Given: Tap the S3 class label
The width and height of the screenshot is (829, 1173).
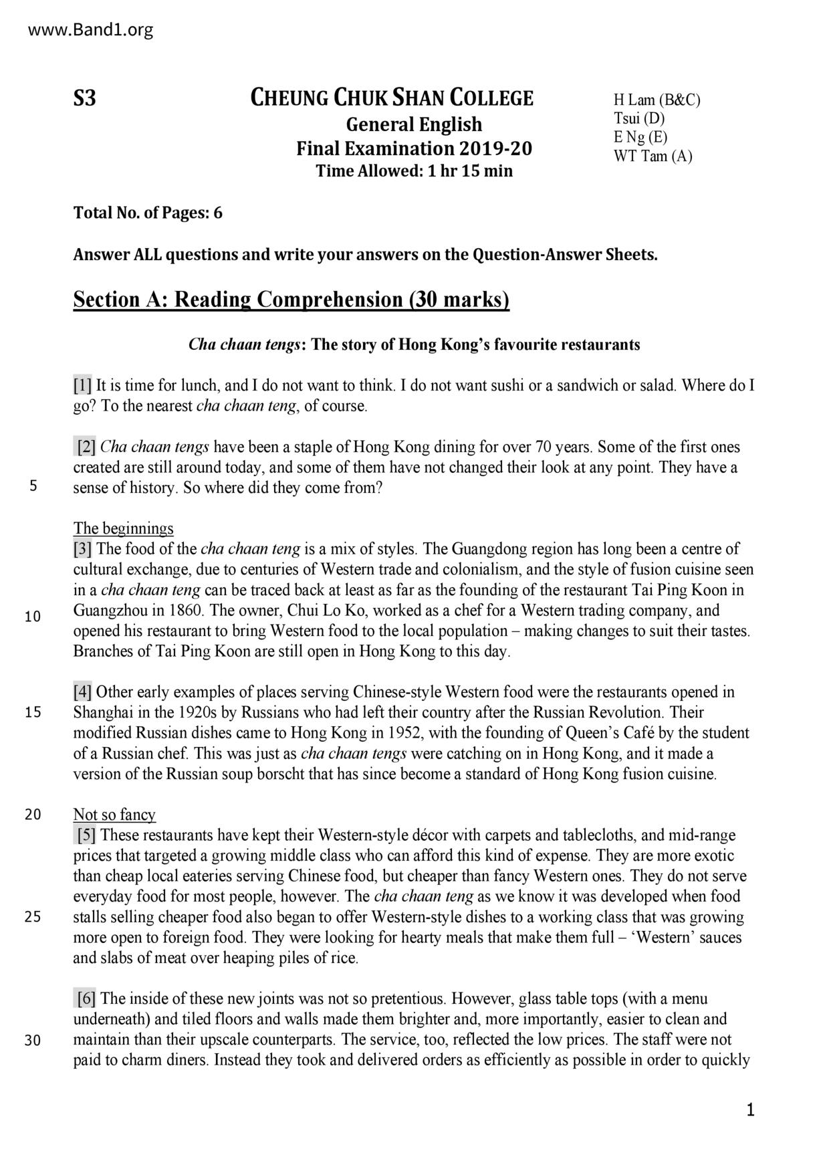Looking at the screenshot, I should [84, 99].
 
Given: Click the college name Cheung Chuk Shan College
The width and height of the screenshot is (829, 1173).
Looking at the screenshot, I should [392, 98].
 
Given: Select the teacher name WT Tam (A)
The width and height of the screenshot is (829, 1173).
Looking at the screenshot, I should [653, 156].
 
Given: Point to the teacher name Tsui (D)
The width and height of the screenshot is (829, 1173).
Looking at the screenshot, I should [639, 119].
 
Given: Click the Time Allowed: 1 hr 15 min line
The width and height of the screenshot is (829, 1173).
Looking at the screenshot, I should [414, 171].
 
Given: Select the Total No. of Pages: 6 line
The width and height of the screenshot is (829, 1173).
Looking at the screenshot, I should [148, 213].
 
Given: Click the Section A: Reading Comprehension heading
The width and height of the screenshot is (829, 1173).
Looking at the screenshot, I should [291, 300].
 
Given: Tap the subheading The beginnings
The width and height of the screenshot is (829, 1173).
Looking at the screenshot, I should [124, 528].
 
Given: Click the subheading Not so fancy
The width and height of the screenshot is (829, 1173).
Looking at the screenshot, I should [114, 815].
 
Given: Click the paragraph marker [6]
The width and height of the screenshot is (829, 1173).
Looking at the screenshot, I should [86, 999].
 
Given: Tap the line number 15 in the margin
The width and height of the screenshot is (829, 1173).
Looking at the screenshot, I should [33, 712].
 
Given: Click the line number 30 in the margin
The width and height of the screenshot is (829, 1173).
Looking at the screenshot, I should [33, 1041].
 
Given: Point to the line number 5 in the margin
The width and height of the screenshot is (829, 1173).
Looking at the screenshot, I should [33, 486].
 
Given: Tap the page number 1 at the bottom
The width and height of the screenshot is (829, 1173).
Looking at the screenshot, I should [750, 1111].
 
